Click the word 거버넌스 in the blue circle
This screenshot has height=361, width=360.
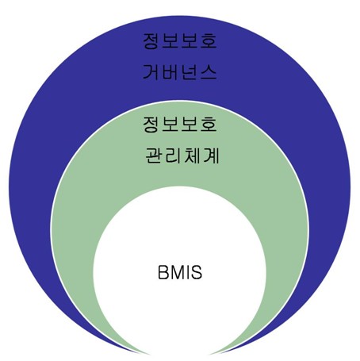(180, 72)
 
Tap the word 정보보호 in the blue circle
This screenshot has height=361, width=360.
(180, 41)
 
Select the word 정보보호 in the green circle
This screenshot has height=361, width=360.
(180, 125)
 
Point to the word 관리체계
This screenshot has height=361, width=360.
(182, 156)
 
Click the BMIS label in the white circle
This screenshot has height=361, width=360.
(180, 272)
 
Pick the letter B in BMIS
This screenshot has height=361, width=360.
(163, 272)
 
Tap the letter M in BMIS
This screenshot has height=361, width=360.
(177, 272)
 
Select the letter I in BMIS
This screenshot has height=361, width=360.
(188, 272)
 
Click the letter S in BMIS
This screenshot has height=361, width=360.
(197, 272)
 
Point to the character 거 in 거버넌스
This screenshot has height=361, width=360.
(151, 72)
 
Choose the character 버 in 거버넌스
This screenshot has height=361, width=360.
(170, 72)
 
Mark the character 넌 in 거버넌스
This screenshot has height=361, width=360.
(190, 72)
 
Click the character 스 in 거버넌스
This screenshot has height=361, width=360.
(209, 72)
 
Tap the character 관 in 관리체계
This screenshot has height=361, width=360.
(153, 156)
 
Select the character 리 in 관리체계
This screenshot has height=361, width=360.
(172, 156)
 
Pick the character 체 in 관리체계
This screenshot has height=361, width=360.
(191, 156)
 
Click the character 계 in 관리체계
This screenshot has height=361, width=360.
(211, 156)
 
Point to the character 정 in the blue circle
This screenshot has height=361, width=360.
(151, 41)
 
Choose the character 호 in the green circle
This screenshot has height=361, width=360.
(209, 125)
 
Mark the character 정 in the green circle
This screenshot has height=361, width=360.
(151, 125)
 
